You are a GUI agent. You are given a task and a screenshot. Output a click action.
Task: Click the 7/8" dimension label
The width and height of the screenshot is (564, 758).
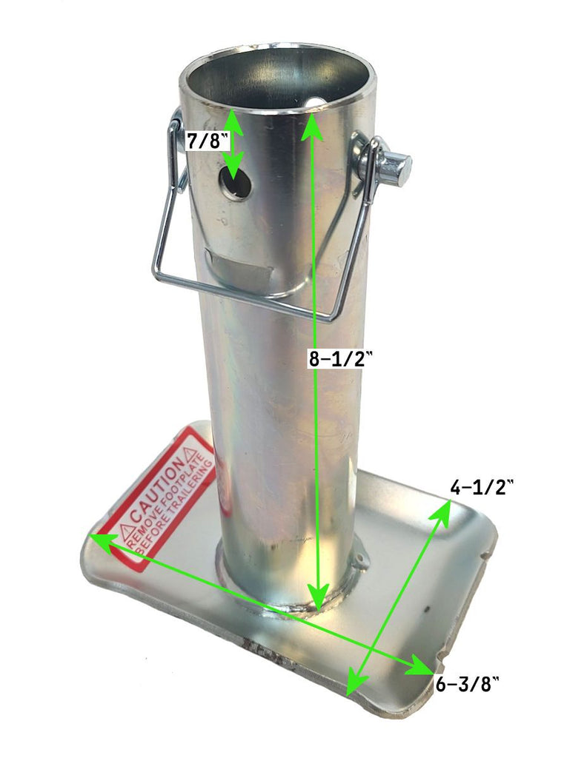click(204, 141)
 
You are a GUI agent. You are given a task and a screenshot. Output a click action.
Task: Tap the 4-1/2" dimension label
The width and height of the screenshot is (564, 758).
click(482, 486)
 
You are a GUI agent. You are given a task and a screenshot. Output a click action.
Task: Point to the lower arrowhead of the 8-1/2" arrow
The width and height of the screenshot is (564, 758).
click(319, 596)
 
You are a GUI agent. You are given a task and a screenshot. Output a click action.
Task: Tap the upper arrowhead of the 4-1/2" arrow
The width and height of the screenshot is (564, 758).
click(445, 508)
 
